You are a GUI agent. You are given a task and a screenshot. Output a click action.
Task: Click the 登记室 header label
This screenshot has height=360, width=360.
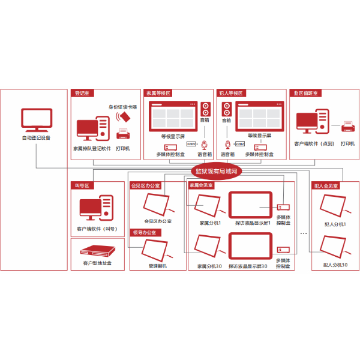(82, 94)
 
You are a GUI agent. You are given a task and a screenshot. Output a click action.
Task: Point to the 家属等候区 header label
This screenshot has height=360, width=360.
(158, 94)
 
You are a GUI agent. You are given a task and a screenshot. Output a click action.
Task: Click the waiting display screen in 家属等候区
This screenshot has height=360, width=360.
(173, 115)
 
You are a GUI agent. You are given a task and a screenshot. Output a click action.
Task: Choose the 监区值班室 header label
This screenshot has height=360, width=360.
(306, 94)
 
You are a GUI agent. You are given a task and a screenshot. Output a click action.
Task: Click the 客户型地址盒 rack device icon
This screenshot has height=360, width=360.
(96, 250)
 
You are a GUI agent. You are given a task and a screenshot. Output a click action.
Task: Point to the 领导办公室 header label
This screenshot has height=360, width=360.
(144, 232)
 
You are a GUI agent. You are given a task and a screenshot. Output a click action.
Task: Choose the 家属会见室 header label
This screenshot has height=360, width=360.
(202, 185)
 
